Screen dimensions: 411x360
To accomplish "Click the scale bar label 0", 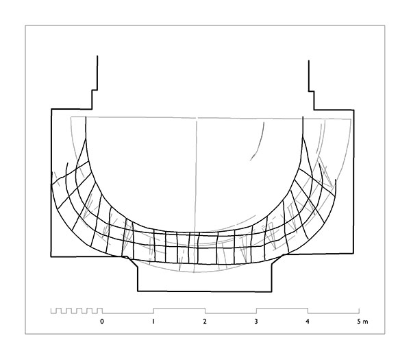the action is (102, 321).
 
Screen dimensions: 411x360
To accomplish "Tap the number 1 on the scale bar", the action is (153, 321).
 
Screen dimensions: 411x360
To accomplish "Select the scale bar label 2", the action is (205, 321).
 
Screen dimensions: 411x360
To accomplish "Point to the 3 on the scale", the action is (256, 321).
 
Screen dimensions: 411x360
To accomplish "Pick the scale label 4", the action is (308, 321).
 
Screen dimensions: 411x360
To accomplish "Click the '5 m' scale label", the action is (362, 322).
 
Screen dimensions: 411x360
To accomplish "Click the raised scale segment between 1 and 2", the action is (179, 309).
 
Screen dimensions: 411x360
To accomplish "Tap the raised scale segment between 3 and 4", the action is (282, 309).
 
